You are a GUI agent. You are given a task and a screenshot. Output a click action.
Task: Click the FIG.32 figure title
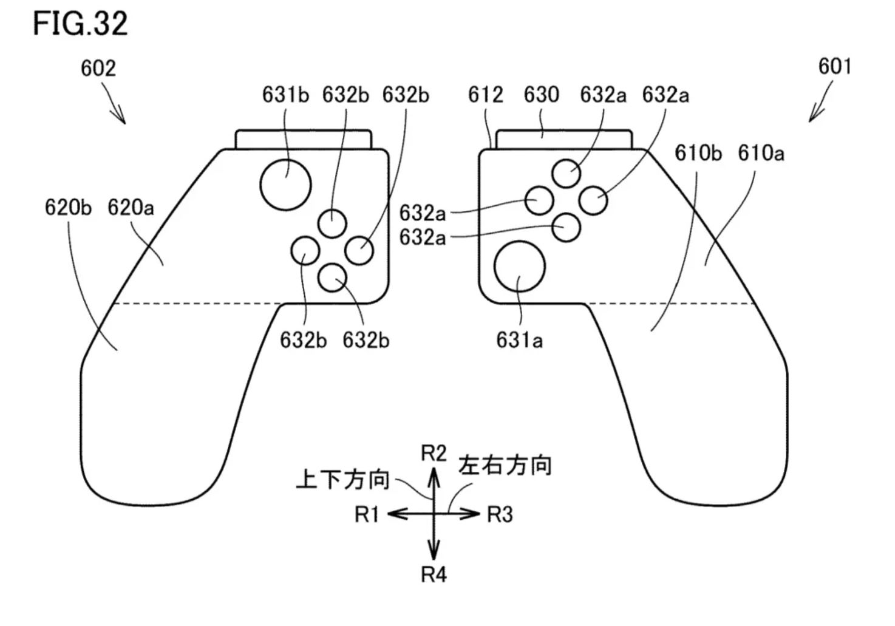click(x=80, y=24)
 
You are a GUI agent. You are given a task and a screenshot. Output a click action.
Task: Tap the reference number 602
click(x=98, y=68)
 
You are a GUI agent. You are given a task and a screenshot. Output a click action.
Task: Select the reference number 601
click(x=835, y=66)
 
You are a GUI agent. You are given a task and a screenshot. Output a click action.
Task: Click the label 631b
click(x=285, y=95)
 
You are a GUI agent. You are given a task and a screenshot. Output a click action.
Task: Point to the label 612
click(x=486, y=95)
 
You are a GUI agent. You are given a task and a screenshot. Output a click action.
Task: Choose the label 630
click(x=542, y=95)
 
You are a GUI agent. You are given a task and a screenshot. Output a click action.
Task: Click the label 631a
click(x=519, y=341)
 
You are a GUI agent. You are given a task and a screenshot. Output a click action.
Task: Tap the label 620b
click(x=68, y=207)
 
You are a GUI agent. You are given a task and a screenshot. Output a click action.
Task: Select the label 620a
click(x=131, y=207)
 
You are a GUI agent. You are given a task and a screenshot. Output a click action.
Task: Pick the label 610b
click(x=698, y=153)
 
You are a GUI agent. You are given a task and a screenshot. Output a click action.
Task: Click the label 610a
click(x=761, y=153)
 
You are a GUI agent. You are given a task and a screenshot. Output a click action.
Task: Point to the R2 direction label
click(x=434, y=454)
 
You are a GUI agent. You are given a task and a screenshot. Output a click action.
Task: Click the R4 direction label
click(x=434, y=574)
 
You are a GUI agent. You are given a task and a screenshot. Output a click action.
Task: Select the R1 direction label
click(x=366, y=514)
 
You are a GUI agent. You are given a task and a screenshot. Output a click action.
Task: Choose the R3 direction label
click(x=500, y=514)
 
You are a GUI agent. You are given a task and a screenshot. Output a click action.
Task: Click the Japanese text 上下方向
click(x=342, y=480)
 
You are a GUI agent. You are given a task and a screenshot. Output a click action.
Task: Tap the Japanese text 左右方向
click(x=505, y=466)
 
